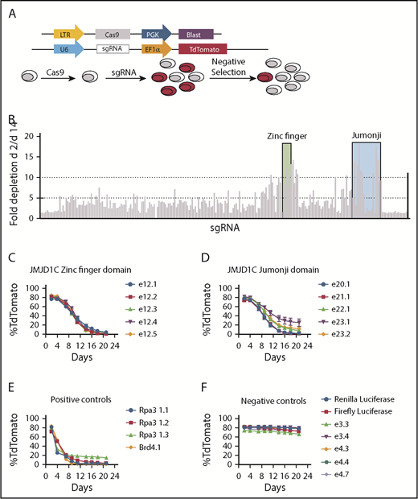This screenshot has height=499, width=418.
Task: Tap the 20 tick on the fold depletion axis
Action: (30, 135)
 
